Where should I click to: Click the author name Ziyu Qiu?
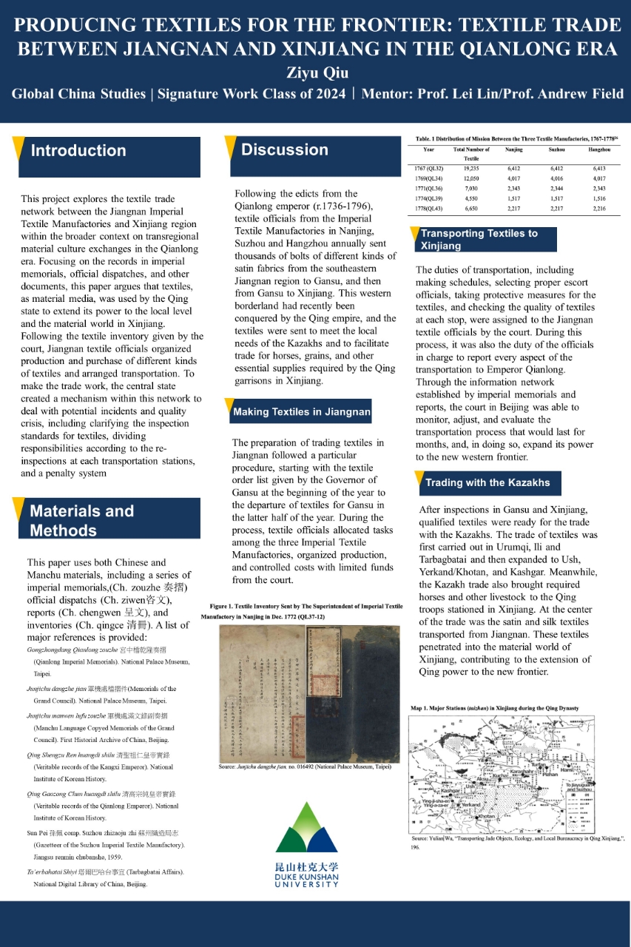[316, 73]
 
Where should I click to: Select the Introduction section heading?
[78, 151]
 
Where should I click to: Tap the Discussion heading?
[285, 150]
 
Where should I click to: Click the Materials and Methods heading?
[82, 520]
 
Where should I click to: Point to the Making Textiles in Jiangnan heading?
[301, 411]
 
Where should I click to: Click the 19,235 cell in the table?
[471, 169]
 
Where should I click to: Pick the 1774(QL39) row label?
[428, 198]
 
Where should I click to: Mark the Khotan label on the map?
[486, 817]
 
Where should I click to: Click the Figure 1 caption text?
[302, 611]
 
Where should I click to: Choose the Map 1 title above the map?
[494, 708]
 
